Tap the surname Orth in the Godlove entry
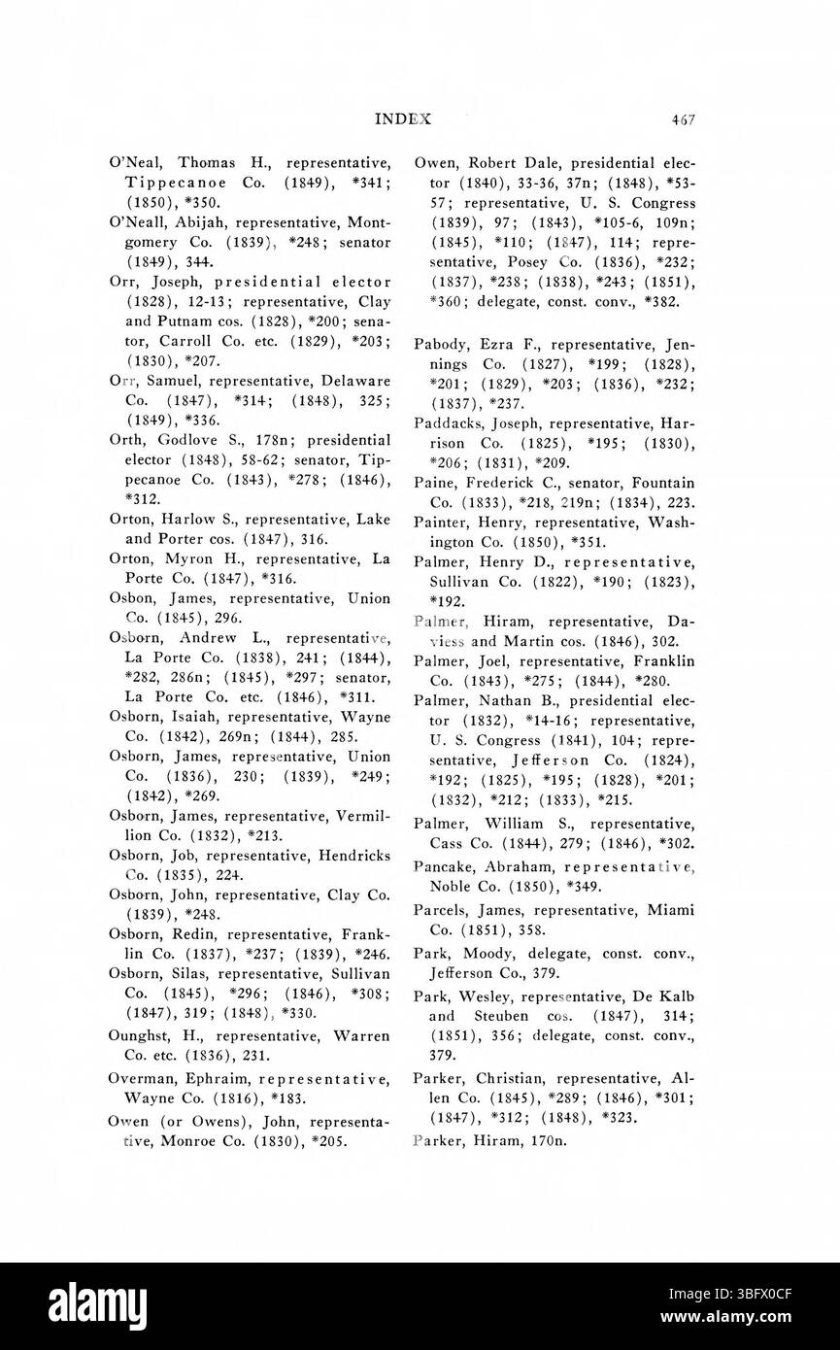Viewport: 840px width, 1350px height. tap(126, 439)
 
